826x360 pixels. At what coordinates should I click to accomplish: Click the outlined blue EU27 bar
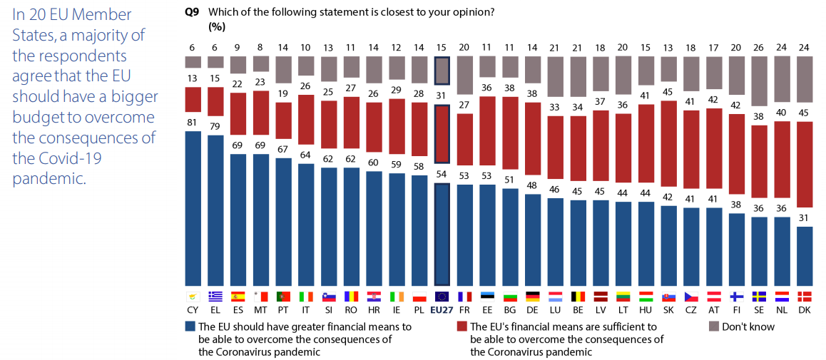(442, 235)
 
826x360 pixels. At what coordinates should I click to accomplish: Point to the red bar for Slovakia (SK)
(670, 153)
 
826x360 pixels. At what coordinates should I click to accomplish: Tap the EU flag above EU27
(442, 297)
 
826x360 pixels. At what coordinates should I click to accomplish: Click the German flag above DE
(533, 297)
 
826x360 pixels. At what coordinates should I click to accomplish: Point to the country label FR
(465, 310)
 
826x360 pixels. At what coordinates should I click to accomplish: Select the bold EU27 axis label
(442, 310)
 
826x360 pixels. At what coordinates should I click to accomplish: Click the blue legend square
(190, 326)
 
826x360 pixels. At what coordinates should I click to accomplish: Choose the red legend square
(462, 326)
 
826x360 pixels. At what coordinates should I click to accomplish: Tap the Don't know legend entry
(747, 326)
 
